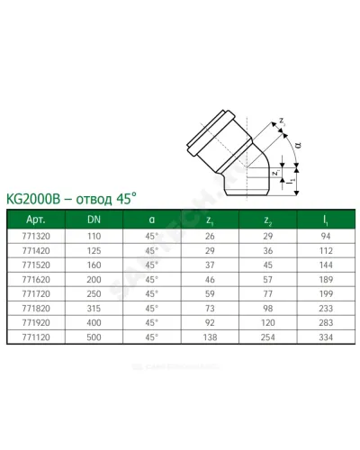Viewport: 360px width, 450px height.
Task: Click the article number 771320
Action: tap(36, 236)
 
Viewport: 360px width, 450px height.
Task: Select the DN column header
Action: tap(94, 220)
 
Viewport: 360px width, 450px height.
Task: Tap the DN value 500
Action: tap(94, 337)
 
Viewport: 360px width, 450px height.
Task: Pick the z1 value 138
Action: tap(210, 337)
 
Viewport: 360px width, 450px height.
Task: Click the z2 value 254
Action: tap(267, 337)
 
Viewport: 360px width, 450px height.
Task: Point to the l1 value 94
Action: tap(326, 236)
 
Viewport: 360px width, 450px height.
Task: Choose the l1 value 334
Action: tap(326, 337)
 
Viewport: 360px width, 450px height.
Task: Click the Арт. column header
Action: tap(36, 220)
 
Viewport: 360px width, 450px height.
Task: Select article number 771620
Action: tap(36, 280)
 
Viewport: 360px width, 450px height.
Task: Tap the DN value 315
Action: tap(94, 309)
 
